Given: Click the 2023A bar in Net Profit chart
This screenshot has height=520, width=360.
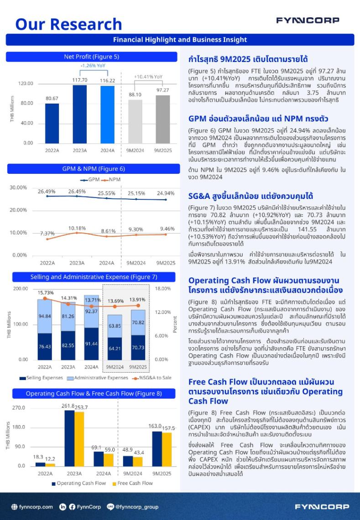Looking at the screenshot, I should click(79, 114).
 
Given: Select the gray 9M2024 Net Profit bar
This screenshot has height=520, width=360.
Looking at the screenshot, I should click(135, 121).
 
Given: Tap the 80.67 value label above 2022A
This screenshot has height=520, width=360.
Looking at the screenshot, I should click(52, 99).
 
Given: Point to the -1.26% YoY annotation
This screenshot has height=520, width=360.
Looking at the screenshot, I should click(93, 66).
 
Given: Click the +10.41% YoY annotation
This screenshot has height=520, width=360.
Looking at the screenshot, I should click(148, 77).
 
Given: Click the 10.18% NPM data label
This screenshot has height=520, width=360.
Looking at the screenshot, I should click(77, 228).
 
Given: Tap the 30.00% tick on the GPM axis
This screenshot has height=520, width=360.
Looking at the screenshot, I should click(18, 187).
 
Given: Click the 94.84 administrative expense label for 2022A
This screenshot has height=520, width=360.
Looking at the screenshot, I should click(45, 316).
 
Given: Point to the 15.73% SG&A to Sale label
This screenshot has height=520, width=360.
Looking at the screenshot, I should click(46, 292).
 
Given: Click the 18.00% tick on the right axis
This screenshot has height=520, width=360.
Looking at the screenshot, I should click(162, 289).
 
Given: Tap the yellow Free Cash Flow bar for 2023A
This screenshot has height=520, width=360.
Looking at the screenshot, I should click(79, 438).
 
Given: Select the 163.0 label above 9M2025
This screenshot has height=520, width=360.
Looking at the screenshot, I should click(155, 426).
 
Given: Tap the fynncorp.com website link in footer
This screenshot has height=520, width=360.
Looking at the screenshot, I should click(32, 507).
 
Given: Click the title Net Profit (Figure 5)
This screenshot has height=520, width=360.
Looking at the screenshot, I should click(91, 57).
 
